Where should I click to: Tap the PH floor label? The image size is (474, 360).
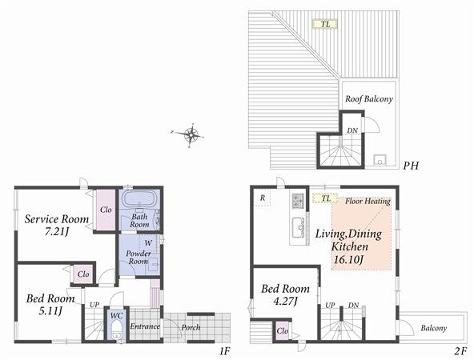412,166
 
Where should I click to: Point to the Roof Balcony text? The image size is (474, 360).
368,99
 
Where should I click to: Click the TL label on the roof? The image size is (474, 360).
325,24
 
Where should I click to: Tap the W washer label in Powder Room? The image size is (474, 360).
148,242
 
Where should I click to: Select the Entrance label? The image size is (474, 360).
145,326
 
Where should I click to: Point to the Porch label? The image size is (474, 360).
191,327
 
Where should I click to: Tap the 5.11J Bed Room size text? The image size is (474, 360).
51,310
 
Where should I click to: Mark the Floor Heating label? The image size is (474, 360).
367,202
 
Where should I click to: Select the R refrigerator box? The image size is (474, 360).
262,197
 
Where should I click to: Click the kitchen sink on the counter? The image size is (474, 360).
298,225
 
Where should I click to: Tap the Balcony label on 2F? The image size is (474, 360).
433,327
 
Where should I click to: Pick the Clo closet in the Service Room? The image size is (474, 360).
105,210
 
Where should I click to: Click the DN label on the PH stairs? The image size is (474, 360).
351,130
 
